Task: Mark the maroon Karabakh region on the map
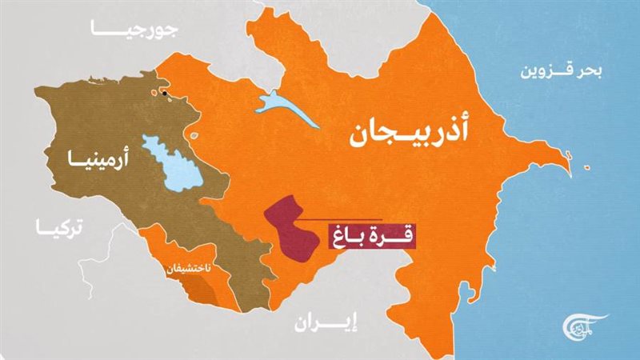click(x=286, y=228)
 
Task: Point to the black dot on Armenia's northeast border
click(x=165, y=94)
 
